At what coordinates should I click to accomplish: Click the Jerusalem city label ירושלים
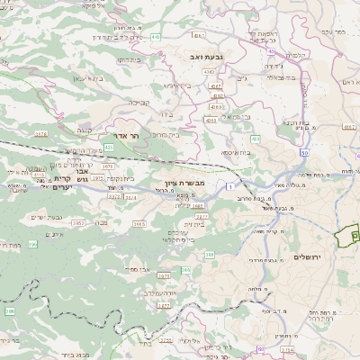point(309,256)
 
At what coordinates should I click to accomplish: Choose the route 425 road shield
point(108,147)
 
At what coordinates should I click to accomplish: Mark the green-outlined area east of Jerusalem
point(346,236)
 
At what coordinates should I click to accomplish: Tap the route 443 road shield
point(157,37)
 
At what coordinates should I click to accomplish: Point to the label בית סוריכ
point(166,135)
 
